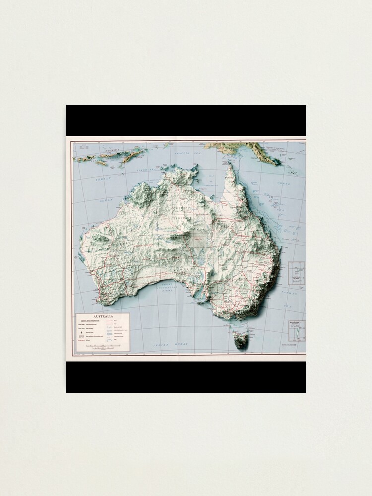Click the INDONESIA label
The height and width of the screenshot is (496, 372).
click(112, 150)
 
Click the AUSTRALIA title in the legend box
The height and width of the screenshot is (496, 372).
click(103, 316)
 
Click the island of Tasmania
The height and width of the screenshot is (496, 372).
click(240, 339)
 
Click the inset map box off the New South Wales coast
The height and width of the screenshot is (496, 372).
click(297, 273)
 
